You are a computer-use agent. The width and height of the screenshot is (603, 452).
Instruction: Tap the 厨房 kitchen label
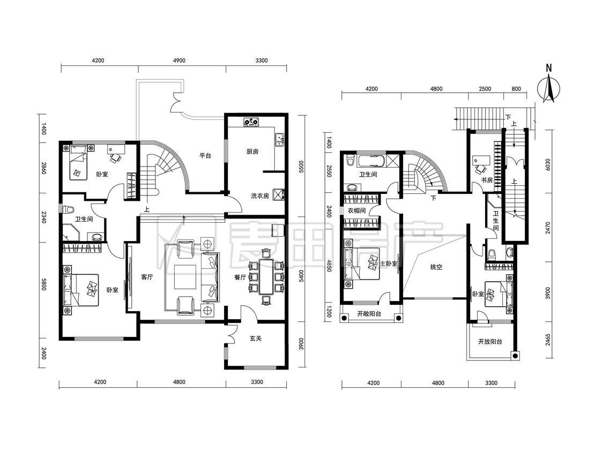[x=252, y=152]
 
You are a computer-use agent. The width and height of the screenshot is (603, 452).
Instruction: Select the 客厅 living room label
[x=147, y=277]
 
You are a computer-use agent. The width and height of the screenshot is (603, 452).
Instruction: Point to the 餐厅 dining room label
[x=240, y=277]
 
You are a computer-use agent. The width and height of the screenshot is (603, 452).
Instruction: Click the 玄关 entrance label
[x=256, y=338]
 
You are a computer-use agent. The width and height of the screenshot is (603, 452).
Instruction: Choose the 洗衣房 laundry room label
[x=259, y=196]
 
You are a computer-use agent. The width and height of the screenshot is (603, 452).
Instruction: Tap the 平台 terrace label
[x=205, y=156]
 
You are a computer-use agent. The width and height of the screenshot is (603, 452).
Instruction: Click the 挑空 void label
[x=436, y=267]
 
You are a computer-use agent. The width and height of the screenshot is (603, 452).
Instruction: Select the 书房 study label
[x=487, y=179]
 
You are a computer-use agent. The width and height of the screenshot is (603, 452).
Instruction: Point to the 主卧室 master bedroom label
[x=389, y=263]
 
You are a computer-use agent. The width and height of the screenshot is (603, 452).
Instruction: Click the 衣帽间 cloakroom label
[x=356, y=210]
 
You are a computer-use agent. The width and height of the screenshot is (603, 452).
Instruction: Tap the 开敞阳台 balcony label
[x=369, y=314]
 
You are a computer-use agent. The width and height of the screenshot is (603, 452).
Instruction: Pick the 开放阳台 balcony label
[x=490, y=341]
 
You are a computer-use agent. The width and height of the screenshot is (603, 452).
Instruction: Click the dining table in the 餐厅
[x=266, y=277]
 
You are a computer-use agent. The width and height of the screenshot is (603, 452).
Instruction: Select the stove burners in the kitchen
[x=251, y=122]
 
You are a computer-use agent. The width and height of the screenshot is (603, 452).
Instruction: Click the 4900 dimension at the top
[x=179, y=61]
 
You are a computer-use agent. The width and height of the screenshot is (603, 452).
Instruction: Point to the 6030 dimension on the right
[x=548, y=165]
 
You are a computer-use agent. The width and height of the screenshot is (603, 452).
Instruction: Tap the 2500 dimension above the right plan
[x=485, y=89]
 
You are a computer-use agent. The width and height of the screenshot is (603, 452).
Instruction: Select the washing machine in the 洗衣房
[x=278, y=194]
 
